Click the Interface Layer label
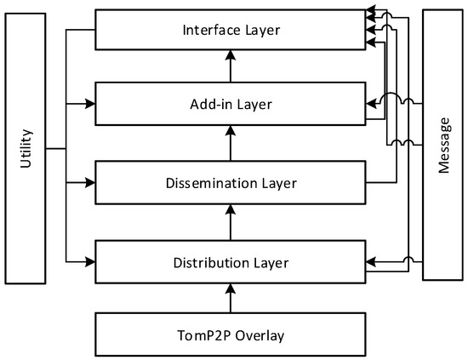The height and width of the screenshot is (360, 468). (x=231, y=31)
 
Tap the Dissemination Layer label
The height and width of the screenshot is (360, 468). (x=231, y=182)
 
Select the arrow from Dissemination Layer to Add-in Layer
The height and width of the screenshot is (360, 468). (x=230, y=142)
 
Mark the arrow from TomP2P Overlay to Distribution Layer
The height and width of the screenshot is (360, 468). (x=230, y=297)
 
